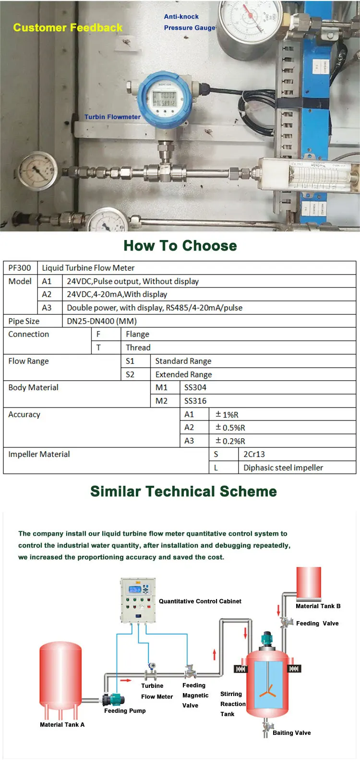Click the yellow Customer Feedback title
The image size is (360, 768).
(68, 28)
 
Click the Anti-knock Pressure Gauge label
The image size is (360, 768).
(189, 22)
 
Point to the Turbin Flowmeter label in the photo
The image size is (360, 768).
(112, 117)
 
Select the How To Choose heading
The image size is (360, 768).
(180, 246)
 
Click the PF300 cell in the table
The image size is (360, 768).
(20, 268)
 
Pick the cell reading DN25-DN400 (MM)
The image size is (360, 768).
(102, 321)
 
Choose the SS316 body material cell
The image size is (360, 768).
(195, 401)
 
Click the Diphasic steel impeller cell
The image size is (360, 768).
(283, 468)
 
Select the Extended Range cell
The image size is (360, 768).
(183, 374)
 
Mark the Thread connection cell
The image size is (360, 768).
(138, 348)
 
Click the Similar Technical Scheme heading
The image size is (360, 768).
(183, 492)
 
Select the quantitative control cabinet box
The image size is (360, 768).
(138, 600)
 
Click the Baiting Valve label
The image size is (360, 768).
(291, 733)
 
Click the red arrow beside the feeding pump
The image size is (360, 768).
(126, 680)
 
